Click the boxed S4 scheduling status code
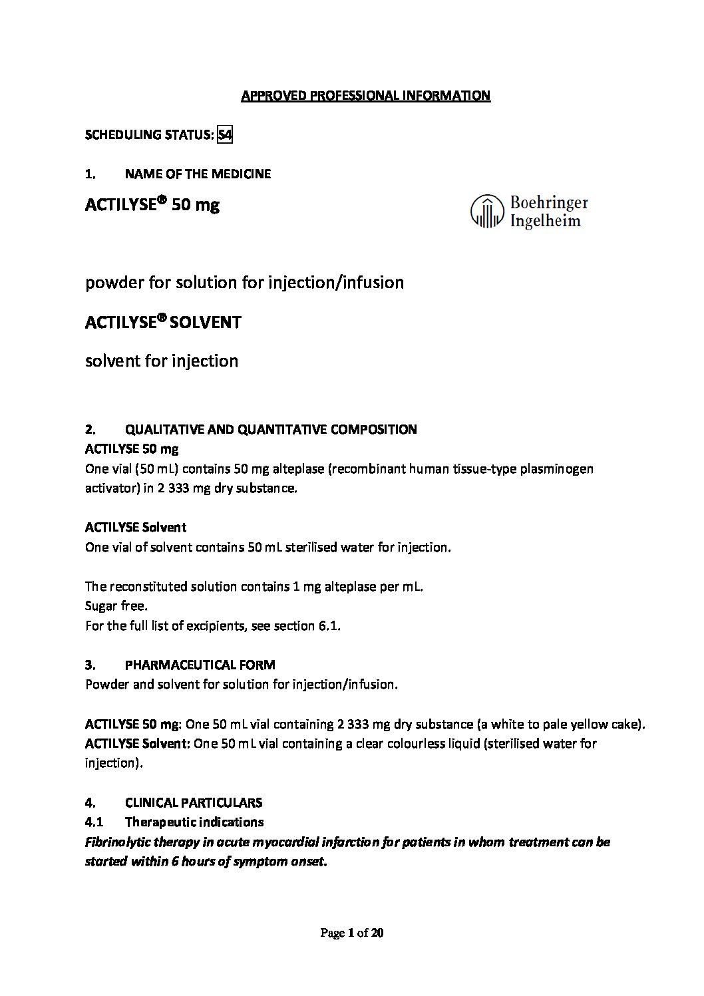tap(225, 135)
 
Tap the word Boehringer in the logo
tap(548, 202)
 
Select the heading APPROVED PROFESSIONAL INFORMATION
tap(365, 96)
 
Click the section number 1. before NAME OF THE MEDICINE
tap(90, 174)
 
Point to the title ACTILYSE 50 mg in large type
tap(152, 205)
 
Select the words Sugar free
tap(116, 606)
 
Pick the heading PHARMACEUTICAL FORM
tap(200, 665)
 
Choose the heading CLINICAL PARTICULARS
tap(193, 802)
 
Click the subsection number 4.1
tap(94, 822)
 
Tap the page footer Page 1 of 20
tap(352, 933)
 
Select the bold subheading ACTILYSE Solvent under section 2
tap(136, 528)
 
